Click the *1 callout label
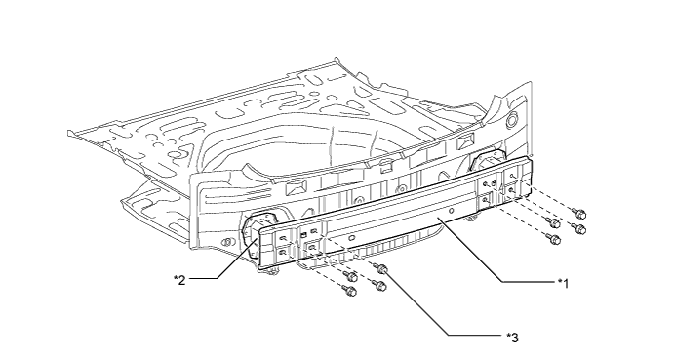click(563, 284)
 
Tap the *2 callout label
click(179, 280)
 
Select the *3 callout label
click(512, 338)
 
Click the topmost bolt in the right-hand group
click(579, 213)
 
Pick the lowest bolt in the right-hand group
click(554, 239)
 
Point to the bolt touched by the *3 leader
click(380, 269)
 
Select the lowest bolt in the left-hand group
click(349, 291)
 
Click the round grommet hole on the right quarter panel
click(512, 120)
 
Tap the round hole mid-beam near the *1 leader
click(452, 211)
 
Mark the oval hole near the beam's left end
click(351, 238)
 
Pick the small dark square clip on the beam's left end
click(304, 234)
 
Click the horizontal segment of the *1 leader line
click(530, 282)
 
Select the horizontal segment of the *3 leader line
click(476, 335)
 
